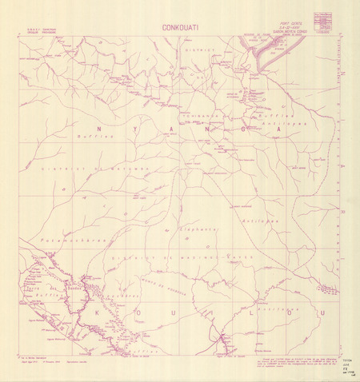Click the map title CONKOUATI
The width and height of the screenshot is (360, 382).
pyautogui.click(x=180, y=26)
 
